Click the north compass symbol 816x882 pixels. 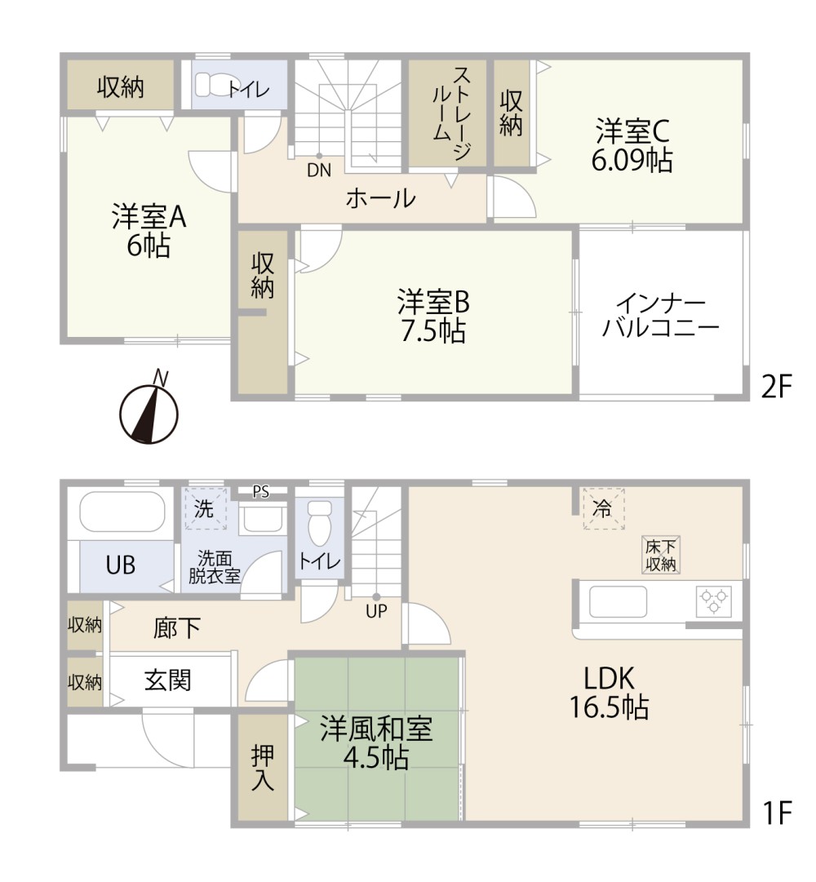pyautogui.click(x=149, y=412)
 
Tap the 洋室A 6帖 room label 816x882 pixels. pyautogui.click(x=149, y=231)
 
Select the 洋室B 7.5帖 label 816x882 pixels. pyautogui.click(x=433, y=316)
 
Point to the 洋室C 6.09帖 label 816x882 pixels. pyautogui.click(x=632, y=146)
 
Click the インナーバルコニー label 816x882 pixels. pyautogui.click(x=661, y=316)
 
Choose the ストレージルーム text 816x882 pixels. pyautogui.click(x=452, y=113)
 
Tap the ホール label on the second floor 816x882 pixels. pyautogui.click(x=381, y=198)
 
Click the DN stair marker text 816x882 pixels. pyautogui.click(x=319, y=171)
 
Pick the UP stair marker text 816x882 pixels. pyautogui.click(x=376, y=611)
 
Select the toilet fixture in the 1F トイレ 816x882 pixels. pyautogui.click(x=320, y=522)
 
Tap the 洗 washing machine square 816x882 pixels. pyautogui.click(x=205, y=508)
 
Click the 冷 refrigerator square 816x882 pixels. pyautogui.click(x=603, y=509)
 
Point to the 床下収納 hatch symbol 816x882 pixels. pyautogui.click(x=661, y=555)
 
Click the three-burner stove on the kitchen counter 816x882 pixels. pyautogui.click(x=714, y=601)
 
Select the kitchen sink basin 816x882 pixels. pyautogui.click(x=618, y=602)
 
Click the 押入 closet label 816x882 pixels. pyautogui.click(x=262, y=767)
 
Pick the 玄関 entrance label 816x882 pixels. pyautogui.click(x=167, y=680)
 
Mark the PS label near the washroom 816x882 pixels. pyautogui.click(x=260, y=492)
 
